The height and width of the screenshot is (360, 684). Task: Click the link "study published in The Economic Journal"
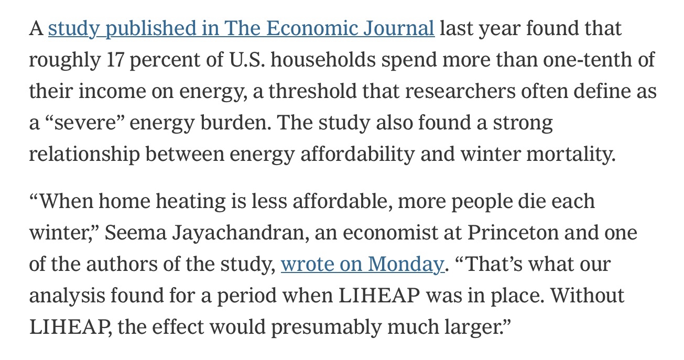tap(241, 28)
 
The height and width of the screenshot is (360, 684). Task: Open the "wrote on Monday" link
tap(362, 264)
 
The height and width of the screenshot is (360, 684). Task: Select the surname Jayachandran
tap(236, 233)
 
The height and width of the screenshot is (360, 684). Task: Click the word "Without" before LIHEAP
tap(589, 296)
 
